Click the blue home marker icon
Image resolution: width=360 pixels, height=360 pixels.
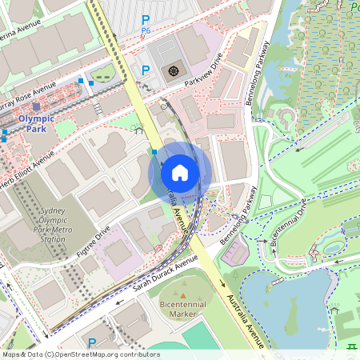(180, 173)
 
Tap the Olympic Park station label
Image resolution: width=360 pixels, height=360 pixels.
(36, 123)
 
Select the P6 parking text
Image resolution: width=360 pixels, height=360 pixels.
(146, 30)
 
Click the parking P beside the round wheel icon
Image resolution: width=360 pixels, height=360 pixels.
(146, 70)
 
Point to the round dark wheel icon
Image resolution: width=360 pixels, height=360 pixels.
(174, 72)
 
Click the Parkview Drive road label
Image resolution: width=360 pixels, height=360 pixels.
(203, 70)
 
